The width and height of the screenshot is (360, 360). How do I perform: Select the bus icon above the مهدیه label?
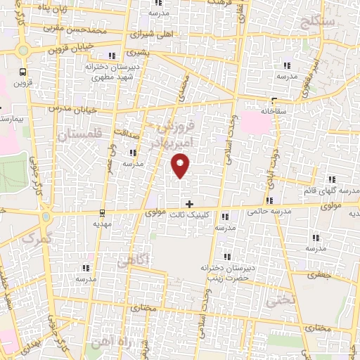click(x=102, y=212)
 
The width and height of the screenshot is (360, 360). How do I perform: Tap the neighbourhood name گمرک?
click(x=37, y=239)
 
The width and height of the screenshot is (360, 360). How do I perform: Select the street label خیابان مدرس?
click(x=69, y=110)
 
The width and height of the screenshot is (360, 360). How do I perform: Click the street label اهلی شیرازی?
click(x=150, y=34)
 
